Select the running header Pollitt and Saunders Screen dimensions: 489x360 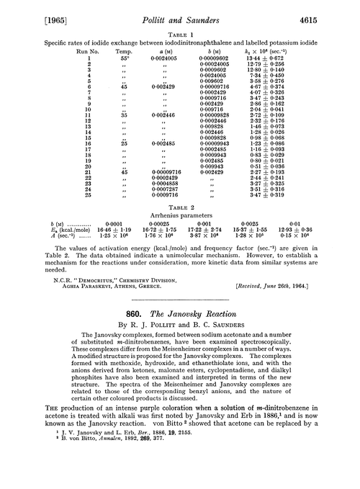click(180, 13)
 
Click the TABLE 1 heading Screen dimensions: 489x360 click(180, 33)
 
